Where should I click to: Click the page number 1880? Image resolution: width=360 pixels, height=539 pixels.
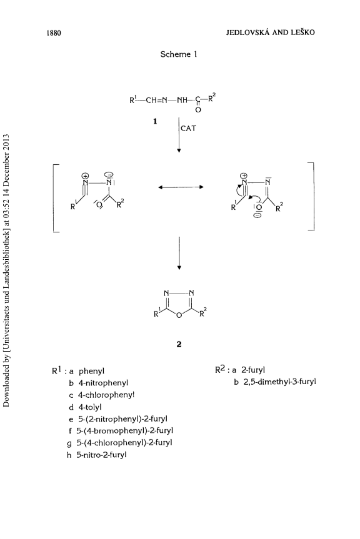54,33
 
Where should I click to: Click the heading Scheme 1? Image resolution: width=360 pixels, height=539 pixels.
179,54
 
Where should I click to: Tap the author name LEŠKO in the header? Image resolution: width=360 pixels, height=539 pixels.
304,32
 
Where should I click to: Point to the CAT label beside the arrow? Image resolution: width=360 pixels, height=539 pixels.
188,128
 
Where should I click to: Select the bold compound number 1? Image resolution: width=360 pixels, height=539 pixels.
155,121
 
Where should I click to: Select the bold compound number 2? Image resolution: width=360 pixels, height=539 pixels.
179,344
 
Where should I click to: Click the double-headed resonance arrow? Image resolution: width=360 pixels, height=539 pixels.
181,187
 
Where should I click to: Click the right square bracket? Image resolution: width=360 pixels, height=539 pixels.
312,196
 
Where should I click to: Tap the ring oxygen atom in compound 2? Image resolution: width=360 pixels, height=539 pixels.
179,315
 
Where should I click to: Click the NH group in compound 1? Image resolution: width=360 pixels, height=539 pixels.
182,101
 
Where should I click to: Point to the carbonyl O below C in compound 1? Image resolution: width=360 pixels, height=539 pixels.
198,110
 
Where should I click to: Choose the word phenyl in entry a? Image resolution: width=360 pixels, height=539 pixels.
91,371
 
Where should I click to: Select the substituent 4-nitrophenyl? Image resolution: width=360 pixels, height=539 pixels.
103,383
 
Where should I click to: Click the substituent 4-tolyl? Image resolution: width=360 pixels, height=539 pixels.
90,407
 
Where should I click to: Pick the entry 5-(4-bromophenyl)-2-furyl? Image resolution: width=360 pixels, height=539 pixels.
125,431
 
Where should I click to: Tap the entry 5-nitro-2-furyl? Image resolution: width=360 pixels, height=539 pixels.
101,455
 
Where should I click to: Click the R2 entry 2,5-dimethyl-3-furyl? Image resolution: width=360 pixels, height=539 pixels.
280,382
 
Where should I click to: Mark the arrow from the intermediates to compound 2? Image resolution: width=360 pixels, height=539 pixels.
179,253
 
